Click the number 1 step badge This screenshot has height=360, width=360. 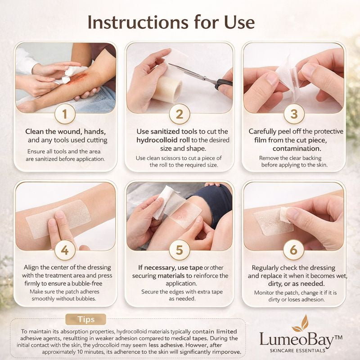tap(65, 114)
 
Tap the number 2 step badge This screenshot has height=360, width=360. tap(180, 114)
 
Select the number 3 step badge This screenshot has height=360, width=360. tap(294, 114)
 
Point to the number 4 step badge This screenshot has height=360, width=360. tap(65, 250)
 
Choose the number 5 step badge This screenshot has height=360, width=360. tap(180, 250)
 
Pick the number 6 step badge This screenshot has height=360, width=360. tap(294, 250)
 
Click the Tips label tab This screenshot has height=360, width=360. tap(85, 319)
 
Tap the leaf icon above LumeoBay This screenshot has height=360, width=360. tap(301, 324)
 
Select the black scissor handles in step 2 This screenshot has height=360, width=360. tap(223, 84)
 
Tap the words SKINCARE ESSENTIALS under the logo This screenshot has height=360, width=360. tap(297, 351)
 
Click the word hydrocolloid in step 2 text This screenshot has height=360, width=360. tap(157, 140)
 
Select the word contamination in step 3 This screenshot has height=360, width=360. tap(297, 148)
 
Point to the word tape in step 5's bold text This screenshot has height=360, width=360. tap(196, 268)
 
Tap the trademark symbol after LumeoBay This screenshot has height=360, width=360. tap(339, 337)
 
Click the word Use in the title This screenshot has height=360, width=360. tap(239, 22)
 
